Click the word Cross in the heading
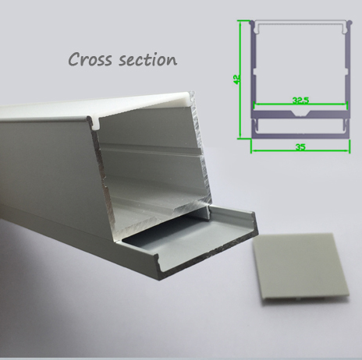click(90, 59)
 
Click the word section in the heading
click(148, 59)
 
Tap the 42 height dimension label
click(236, 79)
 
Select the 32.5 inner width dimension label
click(300, 100)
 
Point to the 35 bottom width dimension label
click(300, 147)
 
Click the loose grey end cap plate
click(301, 268)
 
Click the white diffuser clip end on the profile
click(189, 99)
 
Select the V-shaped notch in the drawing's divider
click(300, 114)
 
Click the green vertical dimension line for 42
click(240, 79)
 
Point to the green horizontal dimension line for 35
click(300, 150)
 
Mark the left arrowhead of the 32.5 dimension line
click(256, 104)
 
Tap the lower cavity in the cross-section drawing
click(300, 126)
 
